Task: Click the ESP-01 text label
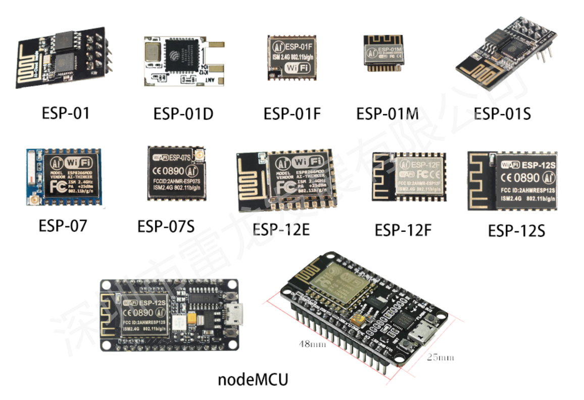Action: pyautogui.click(x=66, y=113)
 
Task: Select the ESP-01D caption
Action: pyautogui.click(x=183, y=114)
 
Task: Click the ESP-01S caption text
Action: pyautogui.click(x=503, y=114)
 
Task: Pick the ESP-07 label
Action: pyautogui.click(x=63, y=225)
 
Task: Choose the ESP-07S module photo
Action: pyautogui.click(x=177, y=173)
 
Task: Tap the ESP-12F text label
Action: pyautogui.click(x=403, y=230)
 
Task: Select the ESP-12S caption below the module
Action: pyautogui.click(x=516, y=231)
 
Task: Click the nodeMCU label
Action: pyautogui.click(x=253, y=379)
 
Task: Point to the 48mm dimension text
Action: pyautogui.click(x=311, y=344)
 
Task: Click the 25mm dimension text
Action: pyautogui.click(x=441, y=357)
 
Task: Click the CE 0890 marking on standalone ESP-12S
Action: pyautogui.click(x=520, y=178)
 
